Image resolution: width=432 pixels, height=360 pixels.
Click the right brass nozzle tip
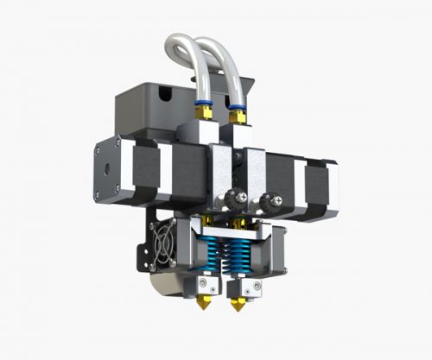(236, 306)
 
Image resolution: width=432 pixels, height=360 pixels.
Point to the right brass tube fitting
(235, 112)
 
